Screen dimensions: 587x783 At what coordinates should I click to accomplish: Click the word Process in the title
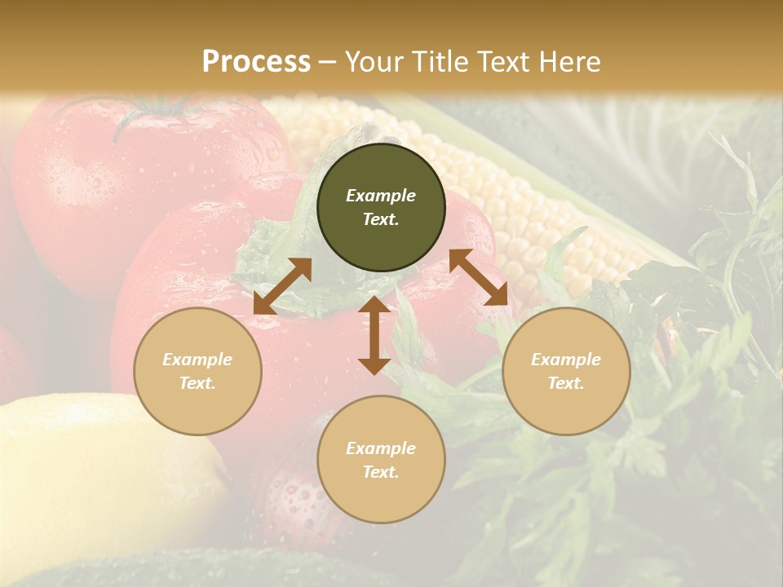(x=256, y=62)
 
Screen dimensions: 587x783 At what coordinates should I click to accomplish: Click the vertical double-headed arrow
(x=374, y=335)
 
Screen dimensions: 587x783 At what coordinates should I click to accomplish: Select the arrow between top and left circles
(x=282, y=286)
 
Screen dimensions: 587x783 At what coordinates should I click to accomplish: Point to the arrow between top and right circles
(x=479, y=278)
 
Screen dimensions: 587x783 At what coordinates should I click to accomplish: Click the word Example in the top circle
(x=381, y=196)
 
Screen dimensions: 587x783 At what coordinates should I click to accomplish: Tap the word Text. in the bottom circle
(x=381, y=472)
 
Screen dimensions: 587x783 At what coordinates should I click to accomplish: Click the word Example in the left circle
(x=197, y=360)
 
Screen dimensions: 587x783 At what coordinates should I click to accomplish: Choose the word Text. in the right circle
(x=566, y=383)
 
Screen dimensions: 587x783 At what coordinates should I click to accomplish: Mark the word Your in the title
(x=372, y=62)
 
